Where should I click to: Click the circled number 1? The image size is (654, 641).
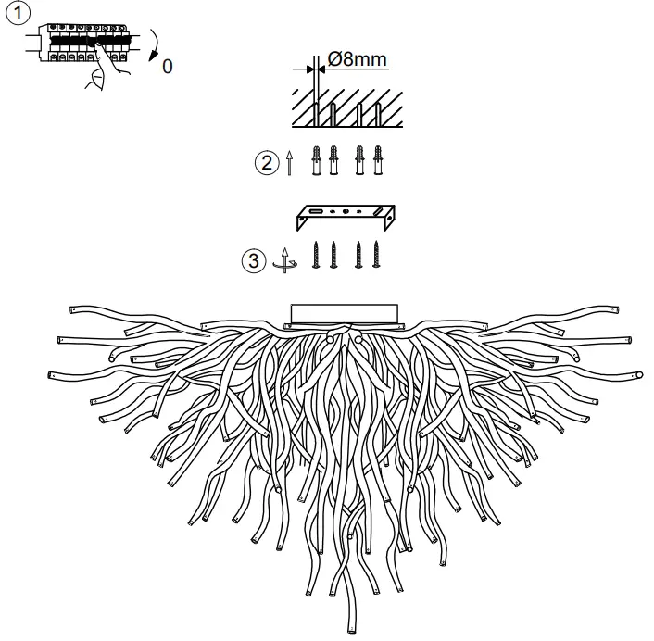[18, 13]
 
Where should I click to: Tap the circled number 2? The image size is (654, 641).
[266, 163]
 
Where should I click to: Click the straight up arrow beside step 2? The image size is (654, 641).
[290, 163]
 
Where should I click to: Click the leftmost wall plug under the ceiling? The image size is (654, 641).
[316, 160]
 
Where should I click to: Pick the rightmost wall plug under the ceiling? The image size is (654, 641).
[378, 160]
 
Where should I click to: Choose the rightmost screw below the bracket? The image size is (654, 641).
[376, 255]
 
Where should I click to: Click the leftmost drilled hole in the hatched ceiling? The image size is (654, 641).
[316, 113]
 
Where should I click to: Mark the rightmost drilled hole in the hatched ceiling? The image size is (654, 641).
[378, 113]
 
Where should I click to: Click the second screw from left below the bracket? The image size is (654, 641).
[333, 255]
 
